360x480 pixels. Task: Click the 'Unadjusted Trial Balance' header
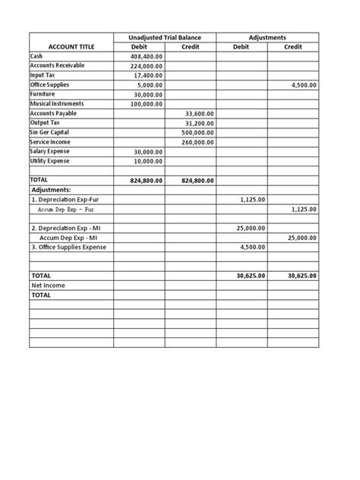165,37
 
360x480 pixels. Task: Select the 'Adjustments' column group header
267,37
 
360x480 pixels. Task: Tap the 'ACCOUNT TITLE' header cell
71,46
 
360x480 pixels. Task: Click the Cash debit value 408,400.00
147,56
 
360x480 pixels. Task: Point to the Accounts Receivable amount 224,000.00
147,66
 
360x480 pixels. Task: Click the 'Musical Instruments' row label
57,104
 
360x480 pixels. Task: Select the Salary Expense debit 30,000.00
148,151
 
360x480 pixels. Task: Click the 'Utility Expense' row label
49,161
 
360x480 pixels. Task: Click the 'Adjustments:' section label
51,190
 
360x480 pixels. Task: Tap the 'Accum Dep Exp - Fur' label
66,209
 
